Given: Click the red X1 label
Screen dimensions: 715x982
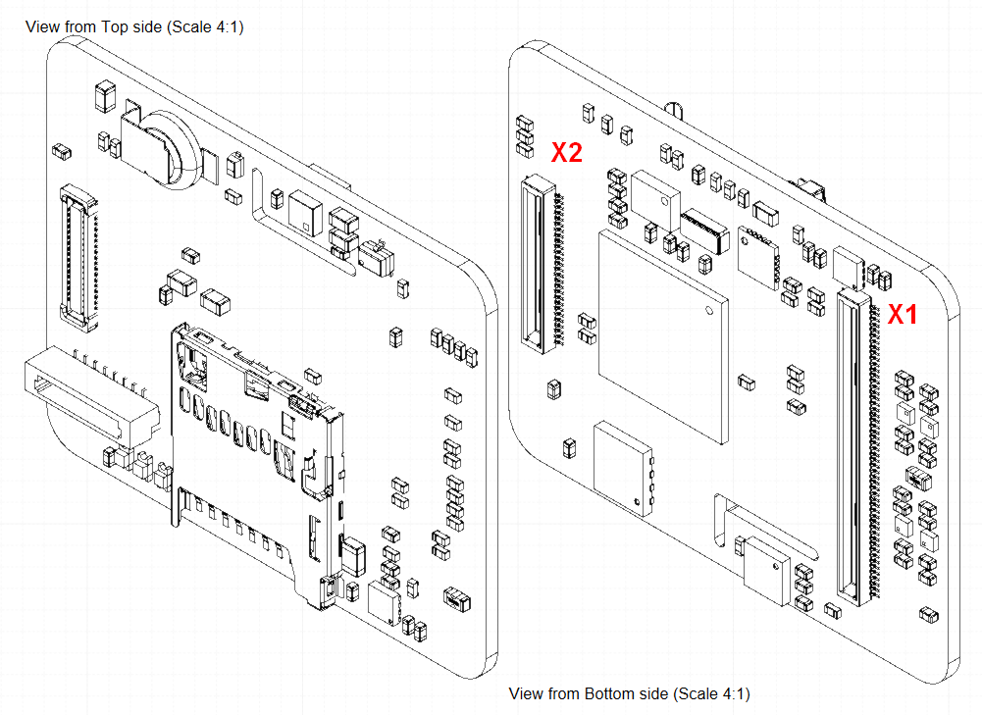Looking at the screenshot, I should [903, 315].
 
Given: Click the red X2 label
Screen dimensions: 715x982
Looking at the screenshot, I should [567, 152].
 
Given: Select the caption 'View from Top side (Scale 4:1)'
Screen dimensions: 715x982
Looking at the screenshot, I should [134, 26].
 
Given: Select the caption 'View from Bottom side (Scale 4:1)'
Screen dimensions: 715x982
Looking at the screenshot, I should [629, 693].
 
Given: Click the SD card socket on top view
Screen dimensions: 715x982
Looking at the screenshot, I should [257, 451].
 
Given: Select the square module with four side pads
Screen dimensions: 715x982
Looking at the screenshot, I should [623, 467].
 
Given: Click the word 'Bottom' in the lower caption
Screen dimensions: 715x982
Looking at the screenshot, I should [609, 693].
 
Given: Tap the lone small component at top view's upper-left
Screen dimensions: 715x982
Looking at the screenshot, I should [60, 150].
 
